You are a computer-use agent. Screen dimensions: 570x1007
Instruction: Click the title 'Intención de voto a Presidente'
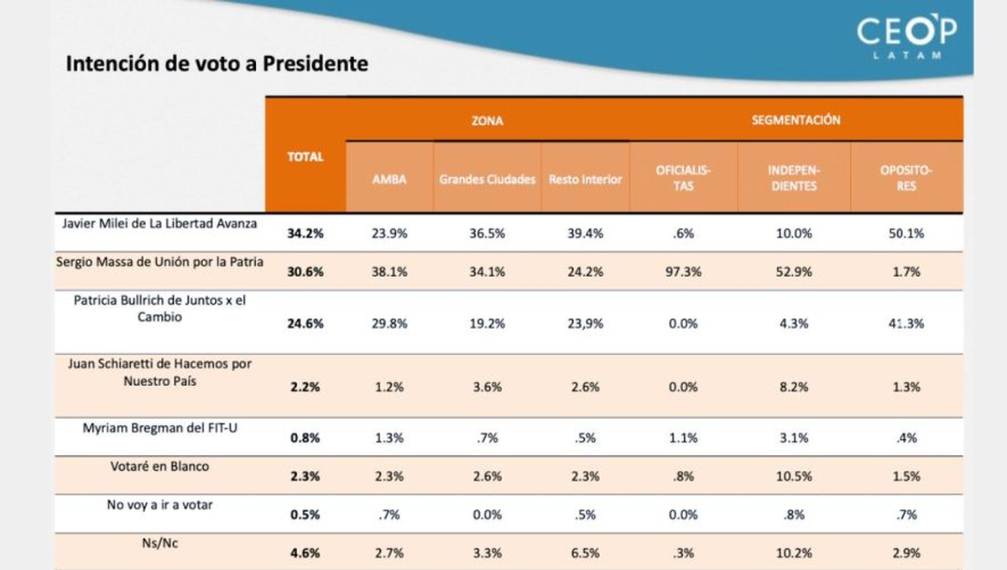tap(217, 64)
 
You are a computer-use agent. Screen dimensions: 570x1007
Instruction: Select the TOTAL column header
tap(305, 157)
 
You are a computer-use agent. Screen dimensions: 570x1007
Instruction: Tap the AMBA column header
tap(389, 180)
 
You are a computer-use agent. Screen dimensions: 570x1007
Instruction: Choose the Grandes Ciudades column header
tap(487, 180)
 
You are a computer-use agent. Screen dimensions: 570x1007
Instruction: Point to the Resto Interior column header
tap(585, 180)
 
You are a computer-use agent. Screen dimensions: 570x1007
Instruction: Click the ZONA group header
tap(487, 121)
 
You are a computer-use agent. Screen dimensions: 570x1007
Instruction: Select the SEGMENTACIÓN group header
tap(795, 121)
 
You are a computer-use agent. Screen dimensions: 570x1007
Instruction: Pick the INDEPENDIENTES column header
tap(793, 178)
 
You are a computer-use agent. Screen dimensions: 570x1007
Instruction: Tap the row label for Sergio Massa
tap(159, 262)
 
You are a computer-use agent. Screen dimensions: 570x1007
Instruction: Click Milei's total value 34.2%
tap(305, 234)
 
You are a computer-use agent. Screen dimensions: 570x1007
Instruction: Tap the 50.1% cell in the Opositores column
tap(906, 234)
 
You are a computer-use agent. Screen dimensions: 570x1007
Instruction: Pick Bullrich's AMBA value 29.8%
tap(389, 323)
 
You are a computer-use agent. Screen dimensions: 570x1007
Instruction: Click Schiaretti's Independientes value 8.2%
tap(793, 387)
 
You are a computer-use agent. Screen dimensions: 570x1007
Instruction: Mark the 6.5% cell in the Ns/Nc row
tap(585, 553)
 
